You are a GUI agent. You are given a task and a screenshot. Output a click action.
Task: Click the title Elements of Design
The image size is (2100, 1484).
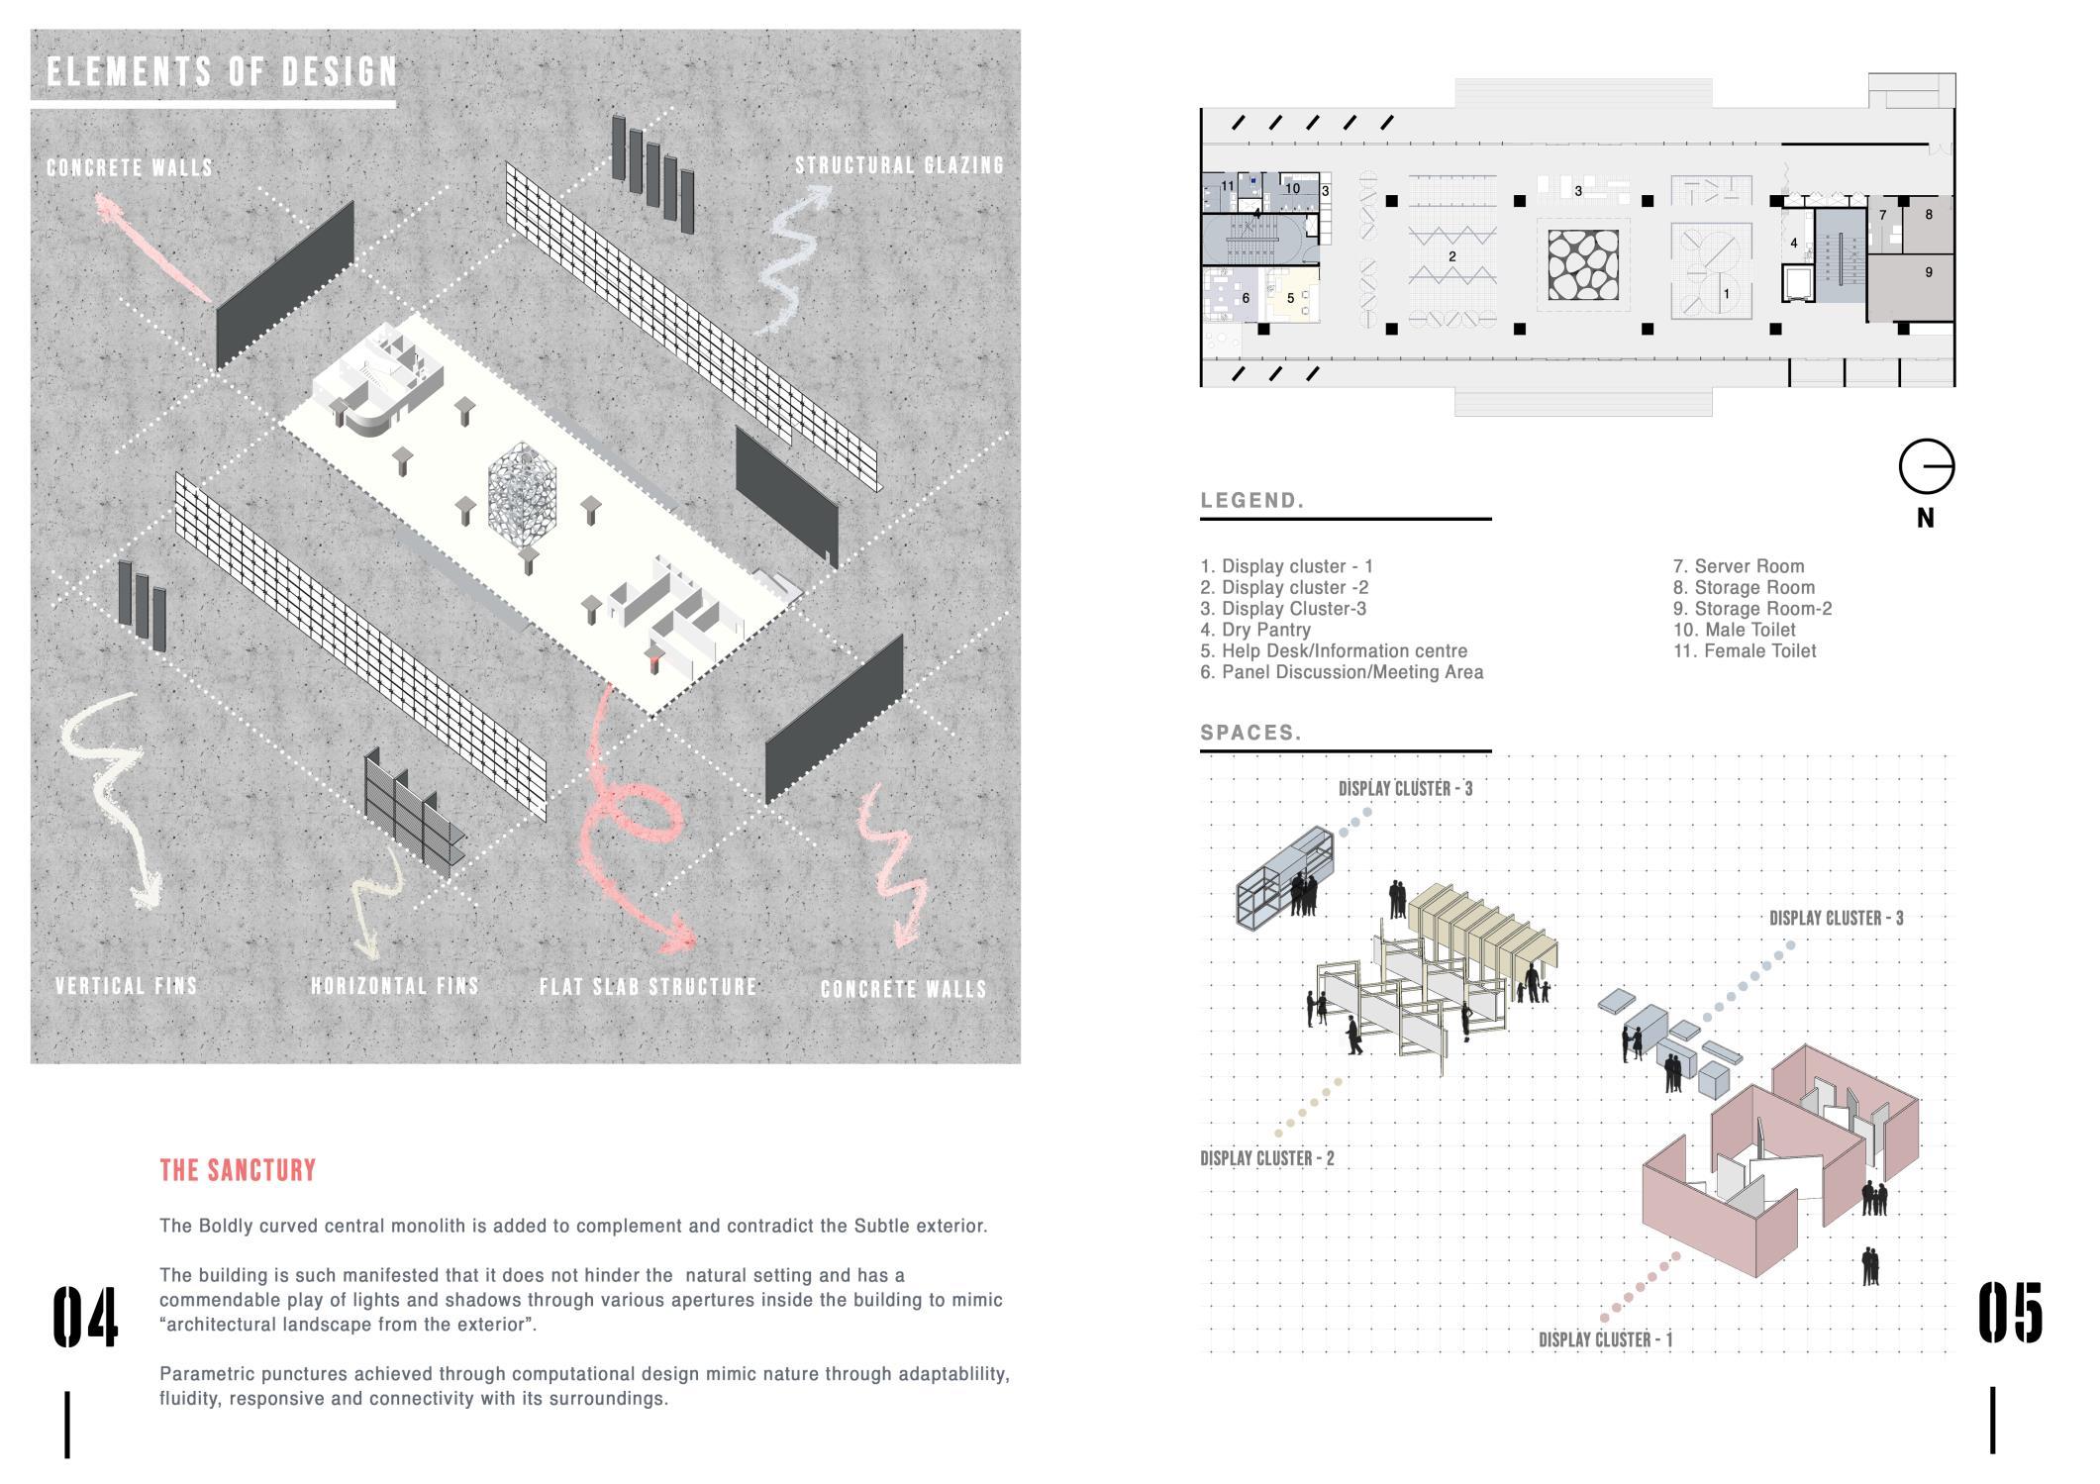222,72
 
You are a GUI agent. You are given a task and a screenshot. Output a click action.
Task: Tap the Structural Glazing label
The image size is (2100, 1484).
899,165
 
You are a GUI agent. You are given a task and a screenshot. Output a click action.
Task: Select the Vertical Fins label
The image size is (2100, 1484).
127,986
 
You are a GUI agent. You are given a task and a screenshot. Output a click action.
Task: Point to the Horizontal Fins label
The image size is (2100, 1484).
395,986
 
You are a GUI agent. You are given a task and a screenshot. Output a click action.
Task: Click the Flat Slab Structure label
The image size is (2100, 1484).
649,987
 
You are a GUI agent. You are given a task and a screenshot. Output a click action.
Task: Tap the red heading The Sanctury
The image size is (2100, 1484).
238,1170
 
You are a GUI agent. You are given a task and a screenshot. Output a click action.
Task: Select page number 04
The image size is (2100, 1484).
85,1317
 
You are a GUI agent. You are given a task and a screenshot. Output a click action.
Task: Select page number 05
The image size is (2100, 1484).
2010,1314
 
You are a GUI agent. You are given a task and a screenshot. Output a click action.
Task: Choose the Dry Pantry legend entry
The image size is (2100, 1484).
1255,630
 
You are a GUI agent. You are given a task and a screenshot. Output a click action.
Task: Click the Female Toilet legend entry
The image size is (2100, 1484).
1745,650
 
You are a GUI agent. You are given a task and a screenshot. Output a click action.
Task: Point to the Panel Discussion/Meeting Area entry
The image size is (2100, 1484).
1342,672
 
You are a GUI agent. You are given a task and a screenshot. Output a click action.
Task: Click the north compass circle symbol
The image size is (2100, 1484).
1926,466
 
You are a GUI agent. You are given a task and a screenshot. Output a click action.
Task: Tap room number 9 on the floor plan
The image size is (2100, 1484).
1928,272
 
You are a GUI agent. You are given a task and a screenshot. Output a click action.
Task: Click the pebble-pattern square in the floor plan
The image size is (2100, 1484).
1583,264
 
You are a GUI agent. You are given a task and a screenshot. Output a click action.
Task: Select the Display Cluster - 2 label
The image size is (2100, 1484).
1267,1158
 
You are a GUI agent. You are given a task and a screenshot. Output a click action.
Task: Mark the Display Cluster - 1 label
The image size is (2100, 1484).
1605,1339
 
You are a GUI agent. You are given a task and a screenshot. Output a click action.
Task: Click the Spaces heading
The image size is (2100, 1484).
1250,734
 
